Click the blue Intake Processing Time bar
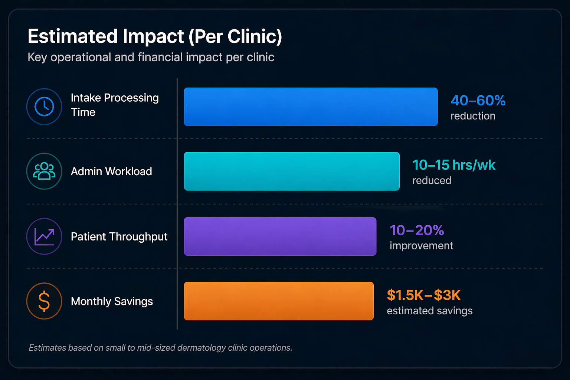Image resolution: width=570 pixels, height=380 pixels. [x=311, y=107]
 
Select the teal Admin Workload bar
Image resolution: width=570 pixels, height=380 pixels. [x=292, y=171]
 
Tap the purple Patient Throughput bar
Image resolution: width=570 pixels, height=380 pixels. [x=280, y=236]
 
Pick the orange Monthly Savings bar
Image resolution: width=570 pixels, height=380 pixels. [x=279, y=301]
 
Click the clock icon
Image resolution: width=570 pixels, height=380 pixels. [x=44, y=107]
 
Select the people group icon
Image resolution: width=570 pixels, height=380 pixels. [x=44, y=171]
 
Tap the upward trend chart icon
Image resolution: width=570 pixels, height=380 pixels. [x=44, y=236]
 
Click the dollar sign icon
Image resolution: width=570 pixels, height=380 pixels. [x=44, y=301]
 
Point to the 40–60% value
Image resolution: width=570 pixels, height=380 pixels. [x=478, y=101]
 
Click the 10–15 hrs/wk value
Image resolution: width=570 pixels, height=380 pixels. [x=453, y=165]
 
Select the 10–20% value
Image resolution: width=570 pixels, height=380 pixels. [x=416, y=230]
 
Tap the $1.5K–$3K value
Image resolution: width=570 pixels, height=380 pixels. [x=423, y=295]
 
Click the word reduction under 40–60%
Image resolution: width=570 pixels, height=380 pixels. [x=473, y=116]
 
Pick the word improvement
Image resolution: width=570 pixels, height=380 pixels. [x=421, y=246]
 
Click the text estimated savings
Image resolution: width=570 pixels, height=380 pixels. [x=429, y=311]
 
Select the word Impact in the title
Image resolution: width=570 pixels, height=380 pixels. [x=153, y=37]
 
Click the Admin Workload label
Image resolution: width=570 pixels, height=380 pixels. [x=111, y=171]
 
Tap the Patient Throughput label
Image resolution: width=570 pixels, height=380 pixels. [x=119, y=237]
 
